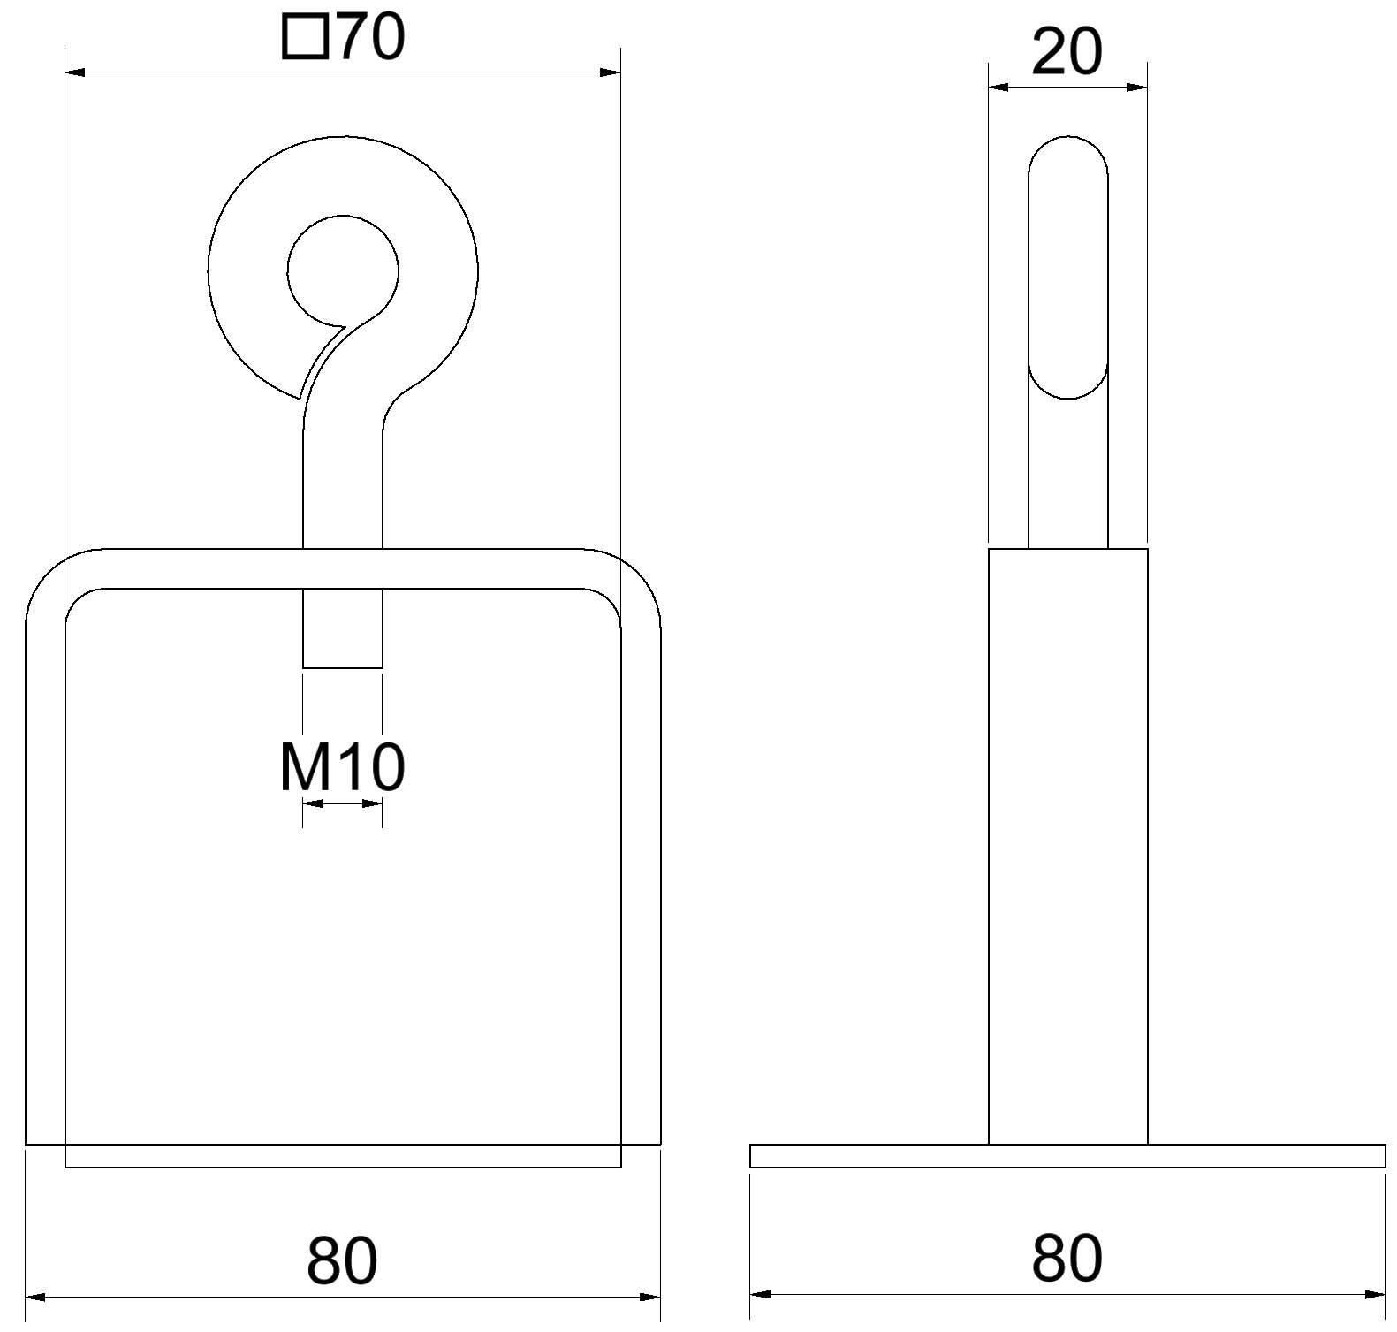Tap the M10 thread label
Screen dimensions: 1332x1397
pyautogui.click(x=342, y=767)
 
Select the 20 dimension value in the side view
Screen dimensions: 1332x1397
pyautogui.click(x=1067, y=52)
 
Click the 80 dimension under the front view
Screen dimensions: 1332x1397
pyautogui.click(x=342, y=1260)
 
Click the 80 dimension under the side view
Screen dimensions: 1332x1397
pyautogui.click(x=1067, y=1259)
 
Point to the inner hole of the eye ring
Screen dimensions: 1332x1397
pyautogui.click(x=343, y=269)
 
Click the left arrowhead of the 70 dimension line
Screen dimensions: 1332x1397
pyautogui.click(x=75, y=72)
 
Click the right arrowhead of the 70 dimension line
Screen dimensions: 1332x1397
pyautogui.click(x=611, y=72)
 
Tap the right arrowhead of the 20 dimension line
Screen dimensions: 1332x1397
pyautogui.click(x=1137, y=88)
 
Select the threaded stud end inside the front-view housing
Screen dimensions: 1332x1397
pyautogui.click(x=343, y=628)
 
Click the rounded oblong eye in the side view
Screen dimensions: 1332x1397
pyautogui.click(x=1067, y=265)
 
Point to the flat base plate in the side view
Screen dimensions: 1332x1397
pyautogui.click(x=1067, y=1156)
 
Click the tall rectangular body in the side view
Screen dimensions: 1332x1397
pyautogui.click(x=1067, y=840)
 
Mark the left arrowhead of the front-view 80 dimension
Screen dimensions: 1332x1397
pyautogui.click(x=35, y=1297)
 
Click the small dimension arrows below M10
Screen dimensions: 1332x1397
pyautogui.click(x=342, y=803)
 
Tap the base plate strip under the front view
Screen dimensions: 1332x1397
pyautogui.click(x=343, y=1156)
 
